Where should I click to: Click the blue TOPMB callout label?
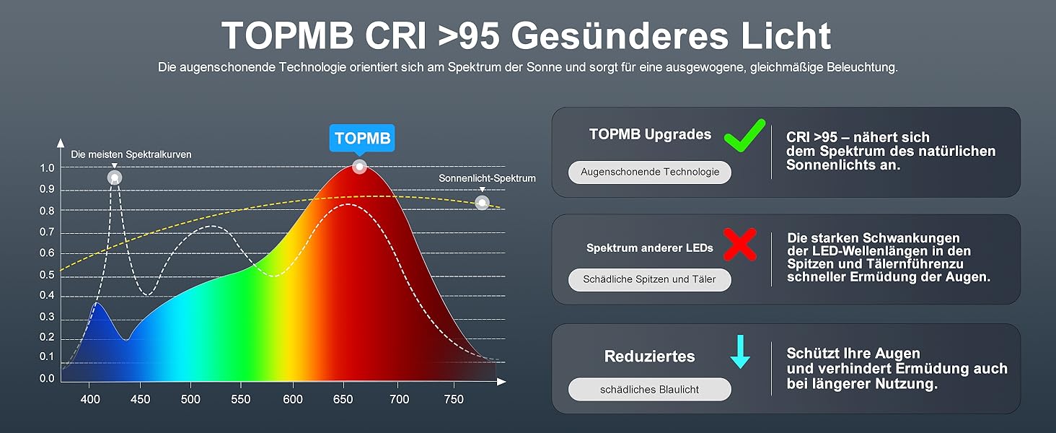point(362,139)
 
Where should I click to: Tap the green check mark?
point(745,136)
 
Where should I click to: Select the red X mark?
point(740,245)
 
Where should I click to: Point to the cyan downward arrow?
point(740,351)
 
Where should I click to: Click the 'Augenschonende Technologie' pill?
point(650,172)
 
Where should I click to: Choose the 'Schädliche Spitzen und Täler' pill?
point(650,280)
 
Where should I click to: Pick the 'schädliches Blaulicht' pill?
point(650,390)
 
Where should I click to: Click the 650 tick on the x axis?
point(343,399)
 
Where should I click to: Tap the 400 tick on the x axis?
point(90,399)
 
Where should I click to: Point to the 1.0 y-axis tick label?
point(47,168)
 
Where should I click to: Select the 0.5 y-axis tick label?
point(47,274)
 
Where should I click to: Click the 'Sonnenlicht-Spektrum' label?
point(487,178)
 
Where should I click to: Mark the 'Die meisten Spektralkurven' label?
point(131,154)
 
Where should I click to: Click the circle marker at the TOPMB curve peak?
point(359,167)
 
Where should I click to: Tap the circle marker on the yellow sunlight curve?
point(483,203)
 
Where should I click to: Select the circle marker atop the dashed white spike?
point(115,178)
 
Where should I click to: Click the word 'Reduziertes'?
point(650,356)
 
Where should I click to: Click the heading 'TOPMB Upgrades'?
point(650,134)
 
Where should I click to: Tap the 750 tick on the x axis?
point(454,399)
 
